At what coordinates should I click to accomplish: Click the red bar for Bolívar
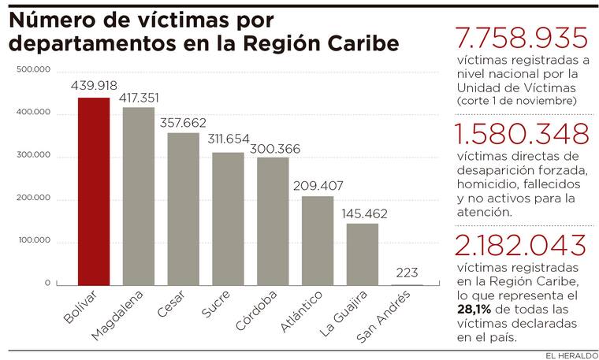pyautogui.click(x=94, y=191)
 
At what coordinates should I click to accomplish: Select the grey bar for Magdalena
pyautogui.click(x=139, y=196)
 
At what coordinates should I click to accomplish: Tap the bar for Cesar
pyautogui.click(x=184, y=209)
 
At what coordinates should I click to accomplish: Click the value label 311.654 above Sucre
pyautogui.click(x=228, y=140)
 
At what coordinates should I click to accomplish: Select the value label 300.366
pyautogui.click(x=273, y=147)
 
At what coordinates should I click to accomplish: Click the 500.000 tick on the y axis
pyautogui.click(x=34, y=70)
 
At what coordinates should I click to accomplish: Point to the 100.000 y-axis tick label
pyautogui.click(x=34, y=240)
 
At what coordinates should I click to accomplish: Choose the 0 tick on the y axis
pyautogui.click(x=47, y=283)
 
